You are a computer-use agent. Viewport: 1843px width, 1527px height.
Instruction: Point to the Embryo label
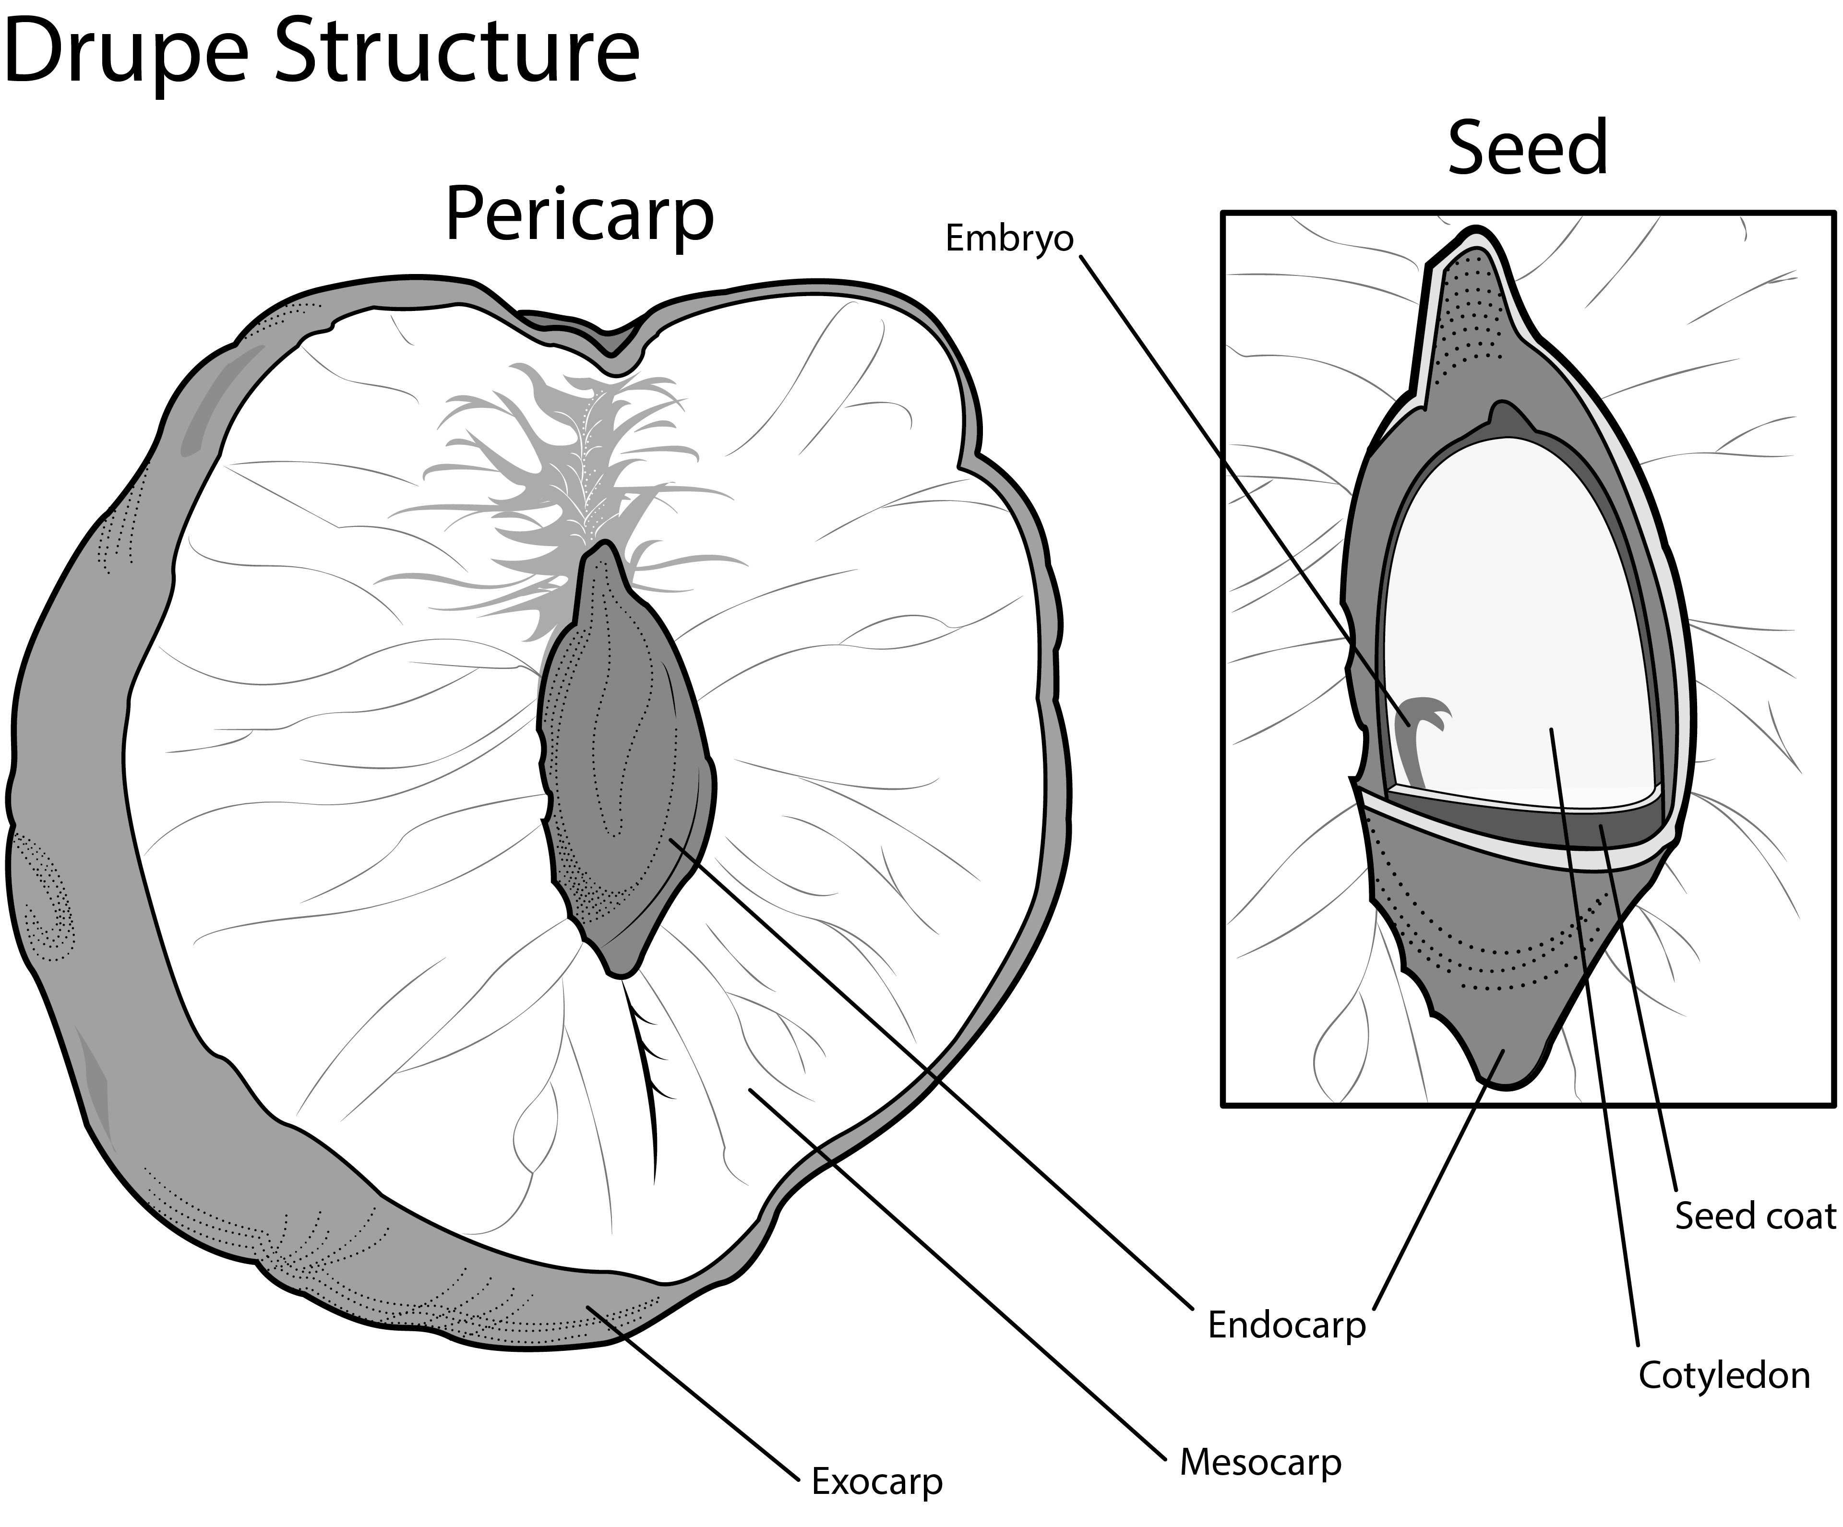pyautogui.click(x=1009, y=239)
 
